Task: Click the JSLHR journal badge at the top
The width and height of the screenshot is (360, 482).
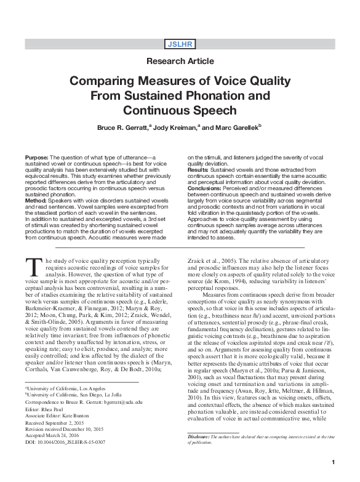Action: coord(180,43)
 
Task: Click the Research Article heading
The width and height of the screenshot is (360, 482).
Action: coord(180,61)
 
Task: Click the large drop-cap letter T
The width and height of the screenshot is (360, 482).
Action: coord(33,266)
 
